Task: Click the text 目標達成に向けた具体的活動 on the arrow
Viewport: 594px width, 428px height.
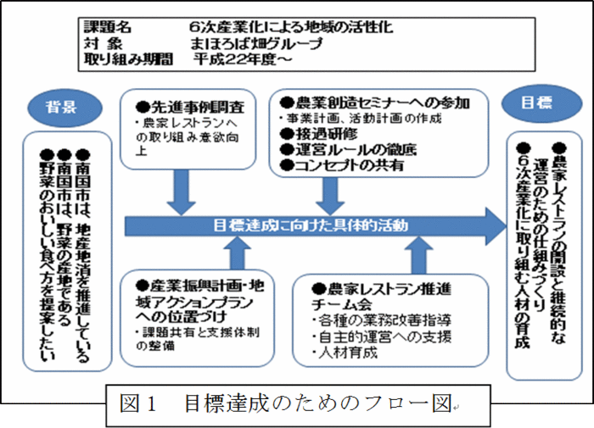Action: coord(311,225)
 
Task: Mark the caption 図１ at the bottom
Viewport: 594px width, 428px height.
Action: coord(140,404)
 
